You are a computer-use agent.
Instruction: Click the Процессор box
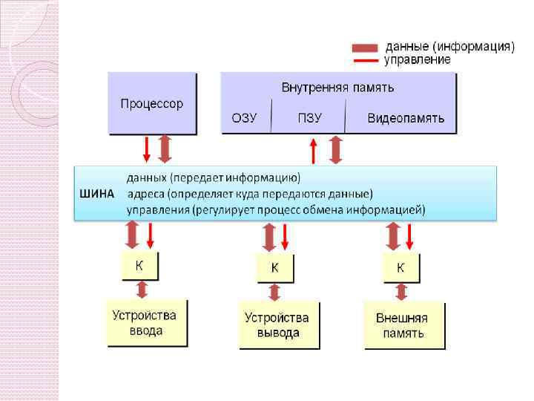tap(152, 103)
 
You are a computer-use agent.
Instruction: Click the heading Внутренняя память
tap(337, 88)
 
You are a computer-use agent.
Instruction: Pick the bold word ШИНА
tap(96, 194)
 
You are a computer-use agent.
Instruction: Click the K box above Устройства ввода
tap(139, 265)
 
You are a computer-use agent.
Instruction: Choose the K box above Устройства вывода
tap(274, 267)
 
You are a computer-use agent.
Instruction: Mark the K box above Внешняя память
tap(400, 267)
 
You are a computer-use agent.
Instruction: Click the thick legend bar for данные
tap(365, 48)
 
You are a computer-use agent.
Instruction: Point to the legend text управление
tap(417, 59)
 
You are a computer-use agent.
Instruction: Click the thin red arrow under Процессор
tap(147, 149)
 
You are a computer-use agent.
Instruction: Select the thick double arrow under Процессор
tap(165, 149)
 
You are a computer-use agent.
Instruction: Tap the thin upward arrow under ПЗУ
tap(314, 151)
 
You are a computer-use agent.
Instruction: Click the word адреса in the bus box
tap(146, 194)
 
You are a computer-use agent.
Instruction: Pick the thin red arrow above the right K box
tap(410, 237)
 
